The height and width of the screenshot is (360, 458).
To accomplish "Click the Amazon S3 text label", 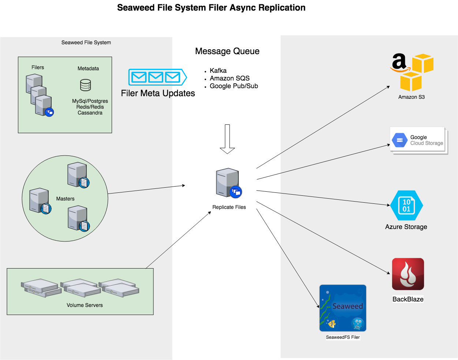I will [412, 97].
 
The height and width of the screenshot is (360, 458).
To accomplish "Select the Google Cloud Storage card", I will [418, 140].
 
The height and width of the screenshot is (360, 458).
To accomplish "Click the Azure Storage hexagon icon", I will [406, 205].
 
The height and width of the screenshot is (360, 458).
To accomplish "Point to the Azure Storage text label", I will [406, 227].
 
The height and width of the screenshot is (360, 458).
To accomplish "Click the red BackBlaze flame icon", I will [408, 274].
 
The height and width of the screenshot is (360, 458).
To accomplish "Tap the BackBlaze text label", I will [408, 299].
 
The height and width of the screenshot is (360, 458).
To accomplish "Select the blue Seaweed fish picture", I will [343, 308].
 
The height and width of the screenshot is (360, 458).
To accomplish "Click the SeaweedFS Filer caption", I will [343, 337].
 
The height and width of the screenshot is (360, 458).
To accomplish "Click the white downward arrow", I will [227, 139].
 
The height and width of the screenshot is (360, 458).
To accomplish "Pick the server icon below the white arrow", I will [228, 183].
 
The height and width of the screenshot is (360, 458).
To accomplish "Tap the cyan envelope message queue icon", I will [157, 77].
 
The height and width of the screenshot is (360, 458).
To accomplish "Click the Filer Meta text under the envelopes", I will [147, 93].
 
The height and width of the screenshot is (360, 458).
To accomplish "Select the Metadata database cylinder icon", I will [85, 85].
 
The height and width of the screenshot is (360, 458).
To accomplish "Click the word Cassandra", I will [90, 113].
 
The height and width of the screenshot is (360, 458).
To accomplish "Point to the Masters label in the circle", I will [65, 199].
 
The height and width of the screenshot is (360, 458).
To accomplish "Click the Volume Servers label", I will [85, 305].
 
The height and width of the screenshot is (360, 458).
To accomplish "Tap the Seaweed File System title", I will [86, 42].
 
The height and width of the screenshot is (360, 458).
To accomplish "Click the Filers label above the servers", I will [38, 67].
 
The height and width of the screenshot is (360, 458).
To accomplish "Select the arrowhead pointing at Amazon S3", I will [388, 87].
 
